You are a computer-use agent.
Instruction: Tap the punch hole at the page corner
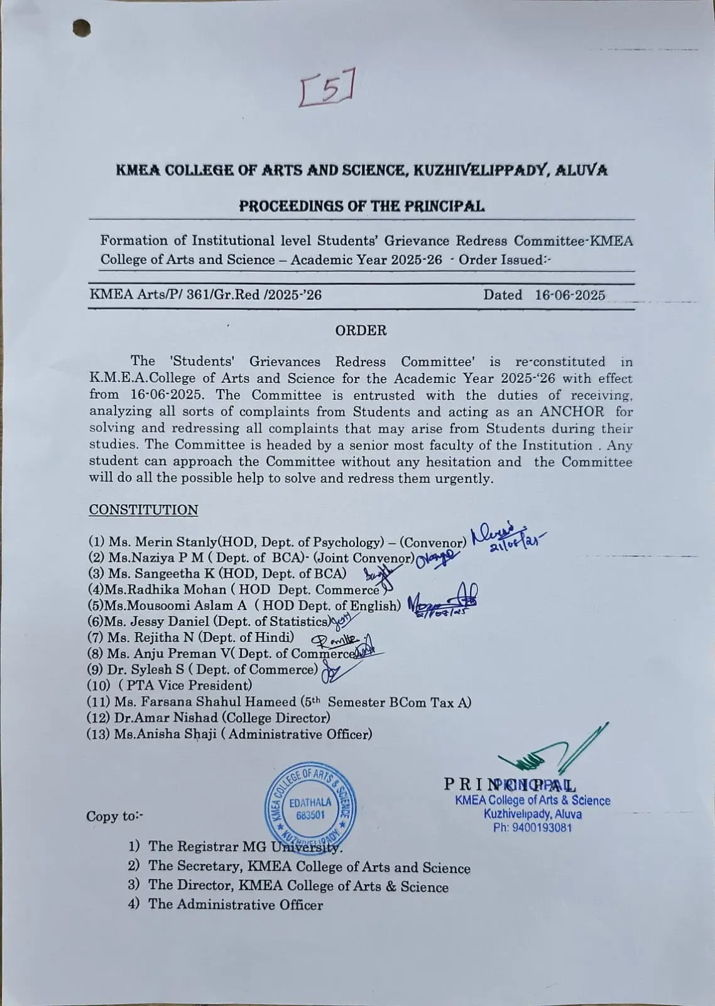point(82,28)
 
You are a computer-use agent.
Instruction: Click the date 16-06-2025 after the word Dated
point(570,295)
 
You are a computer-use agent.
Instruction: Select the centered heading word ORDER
point(361,331)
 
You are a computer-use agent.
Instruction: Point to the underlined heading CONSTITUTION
point(143,510)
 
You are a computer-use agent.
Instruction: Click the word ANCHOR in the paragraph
point(572,412)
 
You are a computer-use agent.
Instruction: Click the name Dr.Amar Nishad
point(156,717)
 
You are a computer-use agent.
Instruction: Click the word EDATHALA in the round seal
point(310,802)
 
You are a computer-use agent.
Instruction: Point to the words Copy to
point(115,816)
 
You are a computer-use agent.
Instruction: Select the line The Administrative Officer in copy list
point(235,905)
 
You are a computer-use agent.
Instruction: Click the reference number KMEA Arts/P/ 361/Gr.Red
point(205,295)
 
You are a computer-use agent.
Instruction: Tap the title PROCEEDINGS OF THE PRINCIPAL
point(361,206)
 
